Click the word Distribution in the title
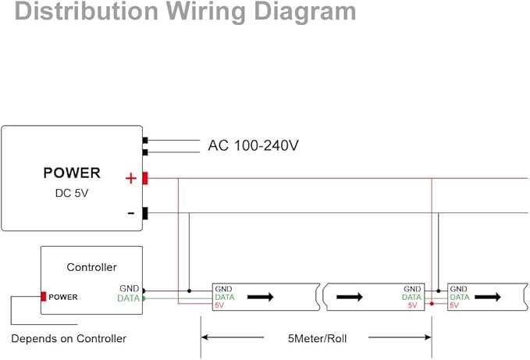point(87,11)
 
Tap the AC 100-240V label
point(253,145)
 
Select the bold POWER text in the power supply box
point(72,173)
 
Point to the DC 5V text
point(72,194)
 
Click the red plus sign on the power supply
point(131,178)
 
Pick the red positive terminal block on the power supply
point(145,178)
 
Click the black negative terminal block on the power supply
point(145,213)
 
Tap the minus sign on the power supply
point(131,213)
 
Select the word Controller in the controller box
point(91,267)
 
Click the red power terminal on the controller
point(43,297)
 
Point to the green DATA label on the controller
point(129,298)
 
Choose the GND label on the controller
point(130,288)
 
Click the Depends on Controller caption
point(69,338)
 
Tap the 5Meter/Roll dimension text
point(318,338)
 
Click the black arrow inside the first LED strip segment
point(260,297)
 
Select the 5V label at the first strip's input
point(219,305)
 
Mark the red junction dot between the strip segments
point(432,304)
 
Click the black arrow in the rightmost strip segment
point(488,297)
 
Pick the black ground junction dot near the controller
point(189,290)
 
